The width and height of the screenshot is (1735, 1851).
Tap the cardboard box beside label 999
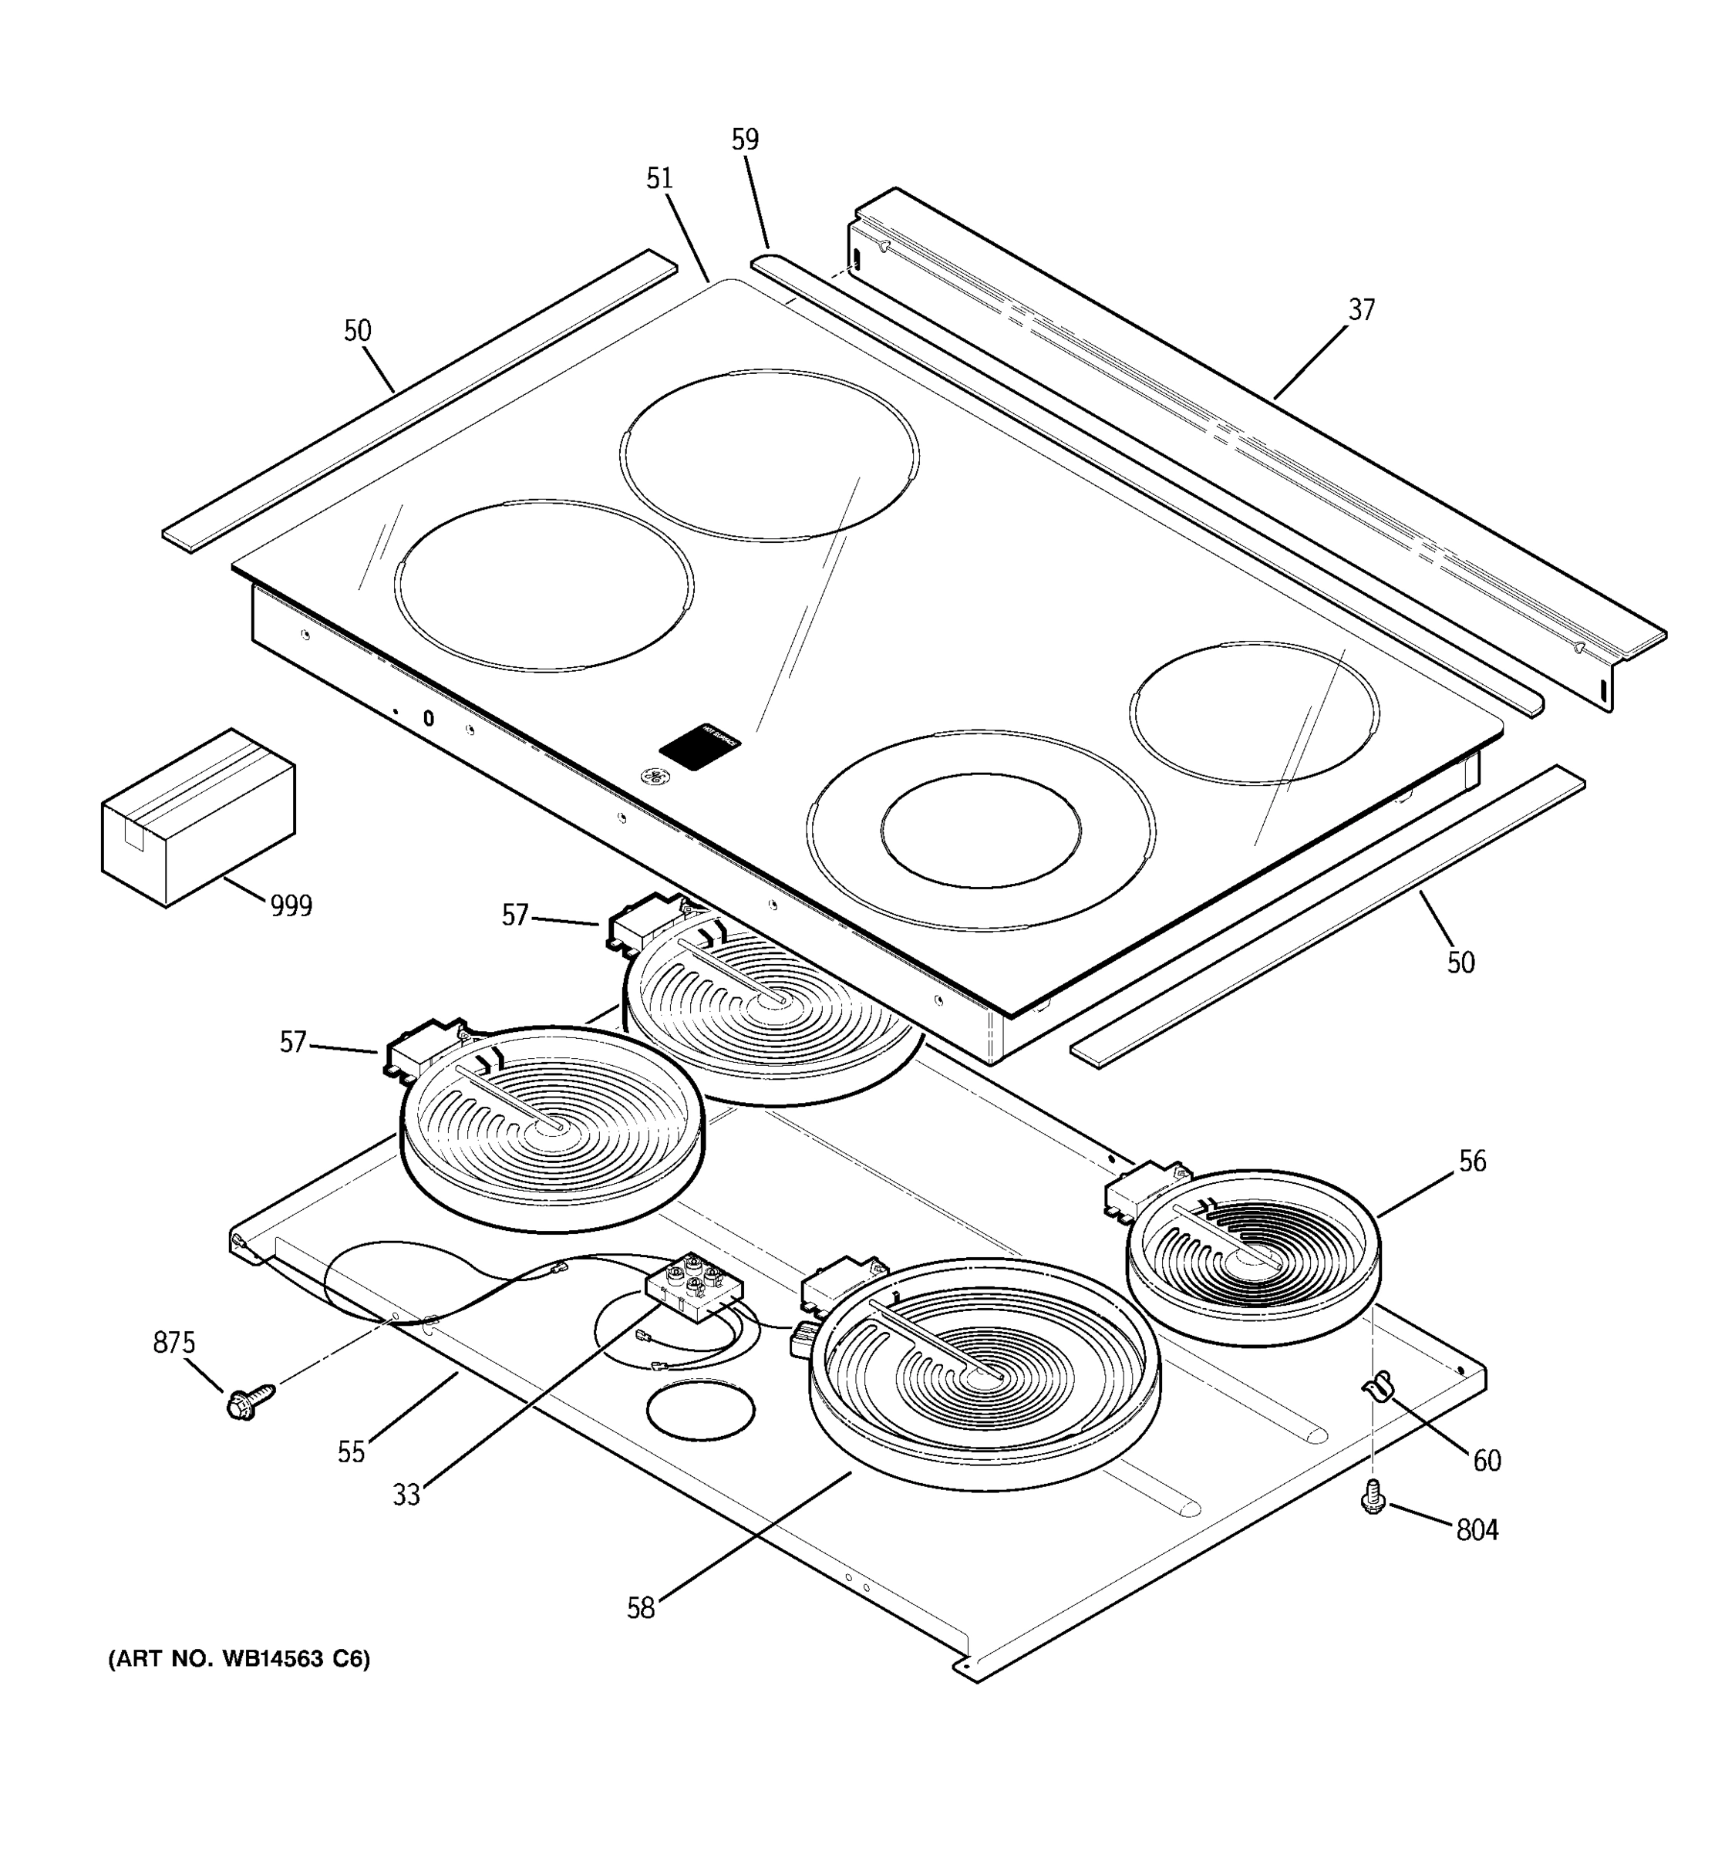pyautogui.click(x=197, y=817)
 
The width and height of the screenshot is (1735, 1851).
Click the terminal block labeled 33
pyautogui.click(x=694, y=1285)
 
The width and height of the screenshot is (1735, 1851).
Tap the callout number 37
pyautogui.click(x=1361, y=310)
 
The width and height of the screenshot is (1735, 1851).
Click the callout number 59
pyautogui.click(x=745, y=140)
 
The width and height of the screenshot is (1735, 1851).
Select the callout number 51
pyautogui.click(x=659, y=179)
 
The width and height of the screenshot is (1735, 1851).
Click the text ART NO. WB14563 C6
pyautogui.click(x=239, y=1659)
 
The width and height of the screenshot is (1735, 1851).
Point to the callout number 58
pyautogui.click(x=640, y=1608)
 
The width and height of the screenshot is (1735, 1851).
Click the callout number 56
pyautogui.click(x=1471, y=1161)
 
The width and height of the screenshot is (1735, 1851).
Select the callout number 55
pyautogui.click(x=351, y=1452)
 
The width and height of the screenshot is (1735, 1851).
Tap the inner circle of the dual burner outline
pyautogui.click(x=980, y=830)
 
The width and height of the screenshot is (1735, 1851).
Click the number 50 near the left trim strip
pyautogui.click(x=358, y=331)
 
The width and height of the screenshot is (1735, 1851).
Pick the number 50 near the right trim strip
pyautogui.click(x=1460, y=963)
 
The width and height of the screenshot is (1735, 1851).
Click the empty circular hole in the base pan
pyautogui.click(x=700, y=1411)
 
